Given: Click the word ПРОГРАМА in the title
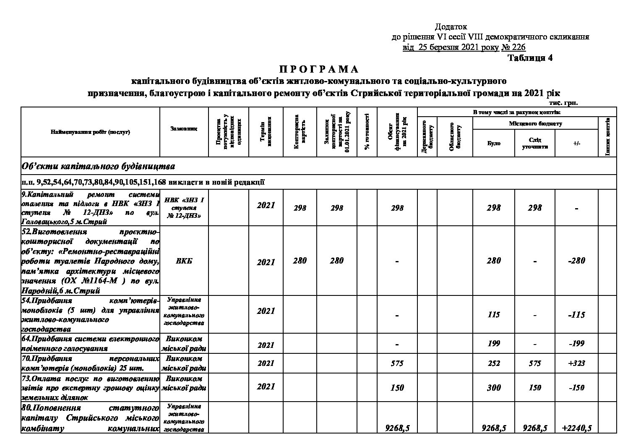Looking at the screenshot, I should [x=318, y=69].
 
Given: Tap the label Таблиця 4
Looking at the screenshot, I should [x=530, y=58].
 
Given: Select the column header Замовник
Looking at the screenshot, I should [x=184, y=128].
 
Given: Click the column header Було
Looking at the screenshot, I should [x=493, y=143].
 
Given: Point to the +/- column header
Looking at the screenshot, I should [x=577, y=143].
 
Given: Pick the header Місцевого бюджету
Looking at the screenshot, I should [x=535, y=124].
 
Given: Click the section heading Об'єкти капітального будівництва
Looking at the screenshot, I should [x=98, y=166].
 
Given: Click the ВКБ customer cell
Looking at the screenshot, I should [x=184, y=261].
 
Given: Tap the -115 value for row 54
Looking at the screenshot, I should [x=577, y=314].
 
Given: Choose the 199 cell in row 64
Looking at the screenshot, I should [x=494, y=343].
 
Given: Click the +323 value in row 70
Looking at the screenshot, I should [x=577, y=363].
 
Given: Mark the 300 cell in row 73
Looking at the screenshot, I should [x=494, y=387].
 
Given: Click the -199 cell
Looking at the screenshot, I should [x=577, y=343].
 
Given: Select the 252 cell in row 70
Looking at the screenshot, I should [x=494, y=363].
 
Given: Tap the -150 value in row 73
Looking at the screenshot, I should [x=577, y=387].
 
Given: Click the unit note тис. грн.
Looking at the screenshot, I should [x=563, y=102].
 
